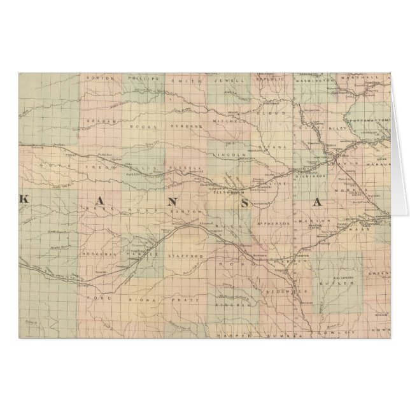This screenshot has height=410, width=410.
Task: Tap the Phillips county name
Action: tap(143, 79)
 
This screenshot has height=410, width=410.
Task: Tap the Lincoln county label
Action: tap(231, 155)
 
